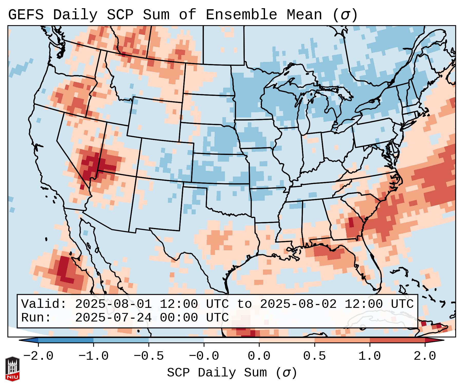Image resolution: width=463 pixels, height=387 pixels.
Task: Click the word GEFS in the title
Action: pos(26,15)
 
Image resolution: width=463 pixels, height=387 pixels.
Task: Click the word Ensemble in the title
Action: pos(241,15)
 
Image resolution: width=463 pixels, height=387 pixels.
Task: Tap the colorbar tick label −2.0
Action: pos(38,356)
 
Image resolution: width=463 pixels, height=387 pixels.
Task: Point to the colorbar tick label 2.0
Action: pos(425,356)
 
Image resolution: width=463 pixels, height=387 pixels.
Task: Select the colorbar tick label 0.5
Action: pos(315,356)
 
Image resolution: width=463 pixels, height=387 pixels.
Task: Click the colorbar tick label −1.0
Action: pos(93,356)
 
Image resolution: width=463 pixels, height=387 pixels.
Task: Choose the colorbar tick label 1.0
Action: pos(370,356)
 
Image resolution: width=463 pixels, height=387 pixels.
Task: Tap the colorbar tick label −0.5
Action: pos(149,356)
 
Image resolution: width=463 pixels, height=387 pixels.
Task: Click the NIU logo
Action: pos(12,369)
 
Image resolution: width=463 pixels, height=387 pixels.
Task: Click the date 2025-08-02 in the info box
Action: pos(298,304)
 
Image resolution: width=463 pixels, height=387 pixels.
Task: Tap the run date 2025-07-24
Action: pos(113,318)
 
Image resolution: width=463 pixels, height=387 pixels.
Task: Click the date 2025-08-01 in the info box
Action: pos(113,304)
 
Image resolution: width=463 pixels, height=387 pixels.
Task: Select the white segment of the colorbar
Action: pos(231,340)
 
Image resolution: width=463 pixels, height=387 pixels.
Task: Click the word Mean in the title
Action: pos(304,15)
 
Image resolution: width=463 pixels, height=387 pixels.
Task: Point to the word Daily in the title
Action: pos(75,15)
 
